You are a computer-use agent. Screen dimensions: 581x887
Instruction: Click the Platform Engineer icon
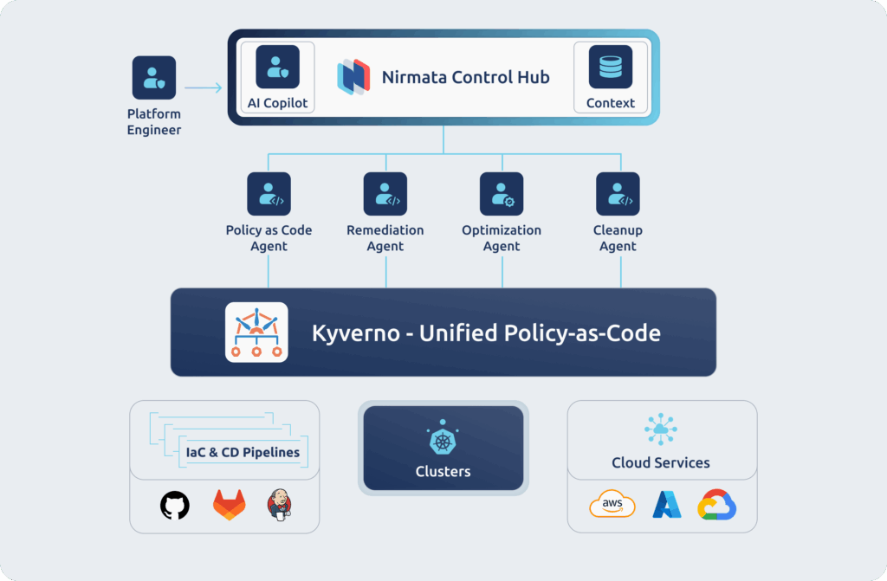point(154,78)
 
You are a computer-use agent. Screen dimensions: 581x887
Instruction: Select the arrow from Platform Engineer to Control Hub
point(204,87)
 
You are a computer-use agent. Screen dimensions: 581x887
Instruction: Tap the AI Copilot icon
point(277,68)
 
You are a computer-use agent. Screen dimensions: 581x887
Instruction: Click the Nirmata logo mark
point(353,77)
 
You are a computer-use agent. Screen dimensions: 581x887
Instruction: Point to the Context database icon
point(611,68)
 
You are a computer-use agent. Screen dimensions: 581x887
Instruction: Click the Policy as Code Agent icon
point(269,194)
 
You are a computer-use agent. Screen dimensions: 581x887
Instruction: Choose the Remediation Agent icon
point(385,194)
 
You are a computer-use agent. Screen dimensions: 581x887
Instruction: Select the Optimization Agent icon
point(502,194)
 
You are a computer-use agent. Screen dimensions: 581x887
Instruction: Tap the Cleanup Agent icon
point(618,194)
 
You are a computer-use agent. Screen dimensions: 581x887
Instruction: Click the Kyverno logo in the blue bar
point(256,332)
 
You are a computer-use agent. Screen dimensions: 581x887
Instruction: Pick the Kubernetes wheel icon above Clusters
point(443,441)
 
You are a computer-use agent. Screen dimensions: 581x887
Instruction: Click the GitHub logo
point(175,504)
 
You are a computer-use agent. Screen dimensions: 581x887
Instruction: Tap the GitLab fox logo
point(229,504)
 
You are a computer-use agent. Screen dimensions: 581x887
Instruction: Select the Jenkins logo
point(280,504)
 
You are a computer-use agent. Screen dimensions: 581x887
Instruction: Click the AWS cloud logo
point(612,504)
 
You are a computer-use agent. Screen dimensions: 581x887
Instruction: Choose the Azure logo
point(667,504)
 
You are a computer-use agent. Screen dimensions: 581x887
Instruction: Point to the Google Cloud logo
point(717,504)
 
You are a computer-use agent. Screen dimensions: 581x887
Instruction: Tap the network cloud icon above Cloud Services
point(661,429)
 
